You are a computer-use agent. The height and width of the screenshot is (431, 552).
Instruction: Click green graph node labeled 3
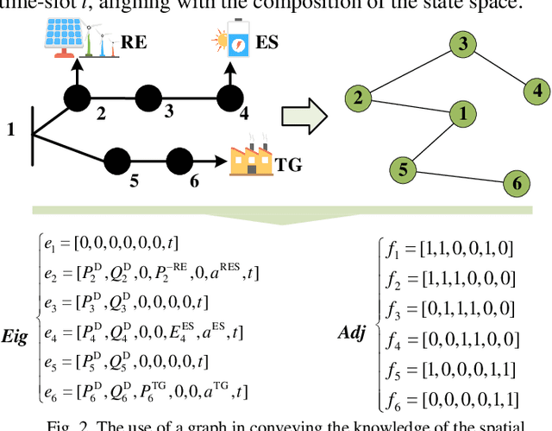[463, 44]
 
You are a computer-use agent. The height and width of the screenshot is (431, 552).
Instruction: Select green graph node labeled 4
[537, 89]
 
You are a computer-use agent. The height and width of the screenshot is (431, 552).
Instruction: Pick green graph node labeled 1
[463, 113]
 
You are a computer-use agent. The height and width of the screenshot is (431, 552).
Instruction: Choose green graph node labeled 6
[517, 183]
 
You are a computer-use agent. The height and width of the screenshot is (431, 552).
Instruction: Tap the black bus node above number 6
[179, 161]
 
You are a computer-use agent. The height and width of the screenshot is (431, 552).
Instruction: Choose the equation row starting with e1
[112, 244]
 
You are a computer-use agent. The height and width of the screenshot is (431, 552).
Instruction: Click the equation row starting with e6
[138, 392]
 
